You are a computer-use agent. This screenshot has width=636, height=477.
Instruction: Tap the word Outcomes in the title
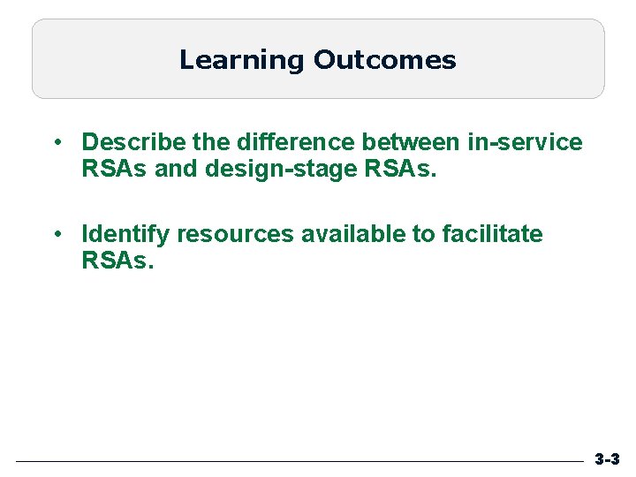384,60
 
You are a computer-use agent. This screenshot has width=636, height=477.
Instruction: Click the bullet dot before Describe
56,142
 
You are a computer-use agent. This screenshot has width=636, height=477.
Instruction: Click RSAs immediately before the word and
115,168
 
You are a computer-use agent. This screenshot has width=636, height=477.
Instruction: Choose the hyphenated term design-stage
278,168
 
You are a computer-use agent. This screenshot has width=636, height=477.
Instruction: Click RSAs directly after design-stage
397,168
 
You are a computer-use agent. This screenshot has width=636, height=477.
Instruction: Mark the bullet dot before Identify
56,235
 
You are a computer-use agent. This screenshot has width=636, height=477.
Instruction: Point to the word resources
234,235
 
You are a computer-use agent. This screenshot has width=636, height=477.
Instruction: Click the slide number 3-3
607,459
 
